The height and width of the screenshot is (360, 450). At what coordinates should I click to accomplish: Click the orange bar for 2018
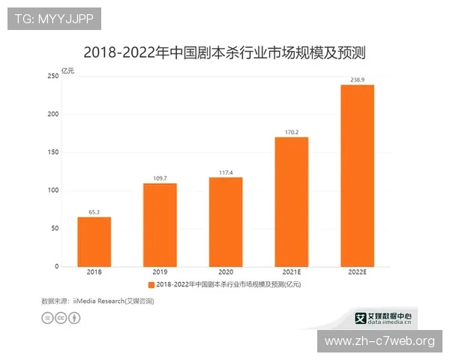[x=94, y=241]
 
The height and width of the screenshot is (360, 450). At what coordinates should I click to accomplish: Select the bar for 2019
[x=160, y=225]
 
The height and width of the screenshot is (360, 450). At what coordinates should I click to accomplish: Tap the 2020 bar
[x=226, y=222]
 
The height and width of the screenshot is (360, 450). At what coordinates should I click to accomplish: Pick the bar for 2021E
[x=292, y=202]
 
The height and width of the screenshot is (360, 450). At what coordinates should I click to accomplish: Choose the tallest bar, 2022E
[x=357, y=175]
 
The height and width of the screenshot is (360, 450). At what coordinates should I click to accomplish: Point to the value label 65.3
[x=94, y=212]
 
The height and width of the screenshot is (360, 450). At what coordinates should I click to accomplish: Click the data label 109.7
[x=160, y=178]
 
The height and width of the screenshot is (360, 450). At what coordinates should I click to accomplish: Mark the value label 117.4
[x=226, y=172]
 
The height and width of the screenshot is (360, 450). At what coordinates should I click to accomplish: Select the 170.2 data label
[x=292, y=133]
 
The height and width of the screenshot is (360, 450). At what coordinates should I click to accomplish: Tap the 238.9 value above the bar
[x=357, y=79]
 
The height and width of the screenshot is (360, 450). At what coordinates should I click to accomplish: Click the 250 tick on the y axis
[x=53, y=76]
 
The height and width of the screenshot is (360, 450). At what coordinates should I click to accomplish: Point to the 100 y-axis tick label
[x=53, y=190]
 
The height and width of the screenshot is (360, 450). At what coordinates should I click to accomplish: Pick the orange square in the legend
[x=151, y=286]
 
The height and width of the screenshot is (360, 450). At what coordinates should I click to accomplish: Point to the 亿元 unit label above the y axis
[x=68, y=70]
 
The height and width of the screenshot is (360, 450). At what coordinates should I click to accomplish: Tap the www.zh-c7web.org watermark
[x=379, y=341]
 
